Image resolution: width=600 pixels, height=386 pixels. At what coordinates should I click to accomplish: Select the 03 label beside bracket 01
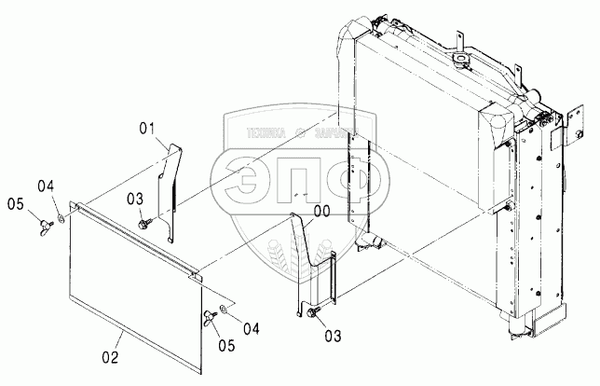coord(135,199)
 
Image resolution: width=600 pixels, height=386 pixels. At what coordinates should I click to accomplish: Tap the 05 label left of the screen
coord(15,204)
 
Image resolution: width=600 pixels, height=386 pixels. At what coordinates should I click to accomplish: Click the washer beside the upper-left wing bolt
coord(59,217)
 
